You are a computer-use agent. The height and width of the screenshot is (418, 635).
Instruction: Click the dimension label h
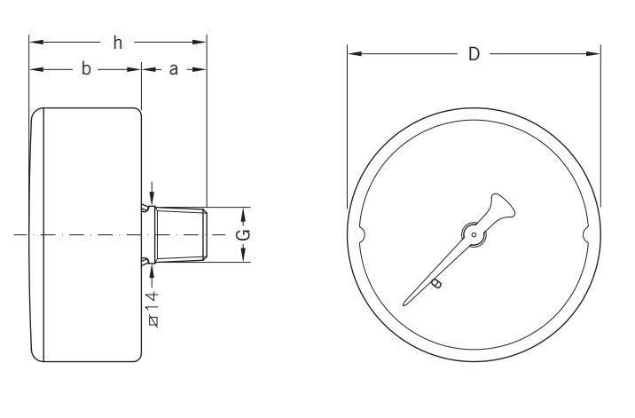click(x=118, y=42)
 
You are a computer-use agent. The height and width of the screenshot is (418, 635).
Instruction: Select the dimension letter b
click(x=86, y=69)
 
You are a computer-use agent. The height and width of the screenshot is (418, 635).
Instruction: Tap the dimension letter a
click(x=174, y=69)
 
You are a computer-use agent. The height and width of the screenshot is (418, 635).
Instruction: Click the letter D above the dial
click(x=474, y=54)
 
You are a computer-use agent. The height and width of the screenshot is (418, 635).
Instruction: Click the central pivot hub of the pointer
click(x=474, y=236)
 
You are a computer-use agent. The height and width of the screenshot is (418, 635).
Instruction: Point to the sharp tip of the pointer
click(x=405, y=305)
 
